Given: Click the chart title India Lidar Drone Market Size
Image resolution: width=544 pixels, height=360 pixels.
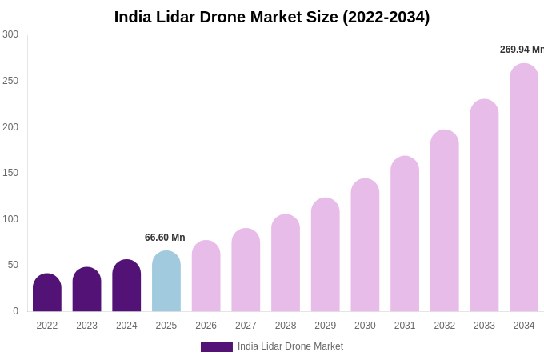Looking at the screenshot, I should pyautogui.click(x=272, y=17).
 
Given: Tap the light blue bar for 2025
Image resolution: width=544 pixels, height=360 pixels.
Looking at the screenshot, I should pyautogui.click(x=166, y=282).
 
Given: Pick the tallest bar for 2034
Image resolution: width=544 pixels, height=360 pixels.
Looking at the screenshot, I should pyautogui.click(x=524, y=188).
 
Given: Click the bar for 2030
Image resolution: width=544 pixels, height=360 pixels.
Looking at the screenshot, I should pyautogui.click(x=365, y=246).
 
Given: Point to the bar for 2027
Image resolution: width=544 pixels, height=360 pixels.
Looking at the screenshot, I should pyautogui.click(x=246, y=270).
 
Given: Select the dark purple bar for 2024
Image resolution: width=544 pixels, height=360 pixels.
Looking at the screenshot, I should pyautogui.click(x=126, y=286).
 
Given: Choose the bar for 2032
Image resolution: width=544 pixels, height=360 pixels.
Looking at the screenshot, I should pyautogui.click(x=444, y=221).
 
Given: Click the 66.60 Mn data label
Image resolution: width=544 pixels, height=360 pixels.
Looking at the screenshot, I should pyautogui.click(x=165, y=238).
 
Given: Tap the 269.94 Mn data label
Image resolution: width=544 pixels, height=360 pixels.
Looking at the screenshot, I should pyautogui.click(x=522, y=50).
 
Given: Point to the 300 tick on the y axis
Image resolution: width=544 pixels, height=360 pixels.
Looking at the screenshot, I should pyautogui.click(x=10, y=34).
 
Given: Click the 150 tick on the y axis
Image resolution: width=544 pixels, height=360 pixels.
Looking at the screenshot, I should pyautogui.click(x=10, y=173).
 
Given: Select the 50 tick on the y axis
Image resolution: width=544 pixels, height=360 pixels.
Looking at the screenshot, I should pyautogui.click(x=13, y=265).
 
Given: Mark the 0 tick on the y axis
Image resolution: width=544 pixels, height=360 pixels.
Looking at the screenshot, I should pyautogui.click(x=15, y=311).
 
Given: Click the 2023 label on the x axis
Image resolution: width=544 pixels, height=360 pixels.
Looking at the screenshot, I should pyautogui.click(x=86, y=326).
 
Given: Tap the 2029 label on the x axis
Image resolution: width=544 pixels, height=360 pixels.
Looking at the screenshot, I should pyautogui.click(x=325, y=326).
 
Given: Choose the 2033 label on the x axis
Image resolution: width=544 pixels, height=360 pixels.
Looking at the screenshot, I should pyautogui.click(x=484, y=326).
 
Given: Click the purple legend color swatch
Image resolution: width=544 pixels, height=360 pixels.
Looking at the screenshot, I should pyautogui.click(x=216, y=347).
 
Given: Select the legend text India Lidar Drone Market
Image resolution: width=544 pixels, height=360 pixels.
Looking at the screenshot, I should pyautogui.click(x=290, y=346).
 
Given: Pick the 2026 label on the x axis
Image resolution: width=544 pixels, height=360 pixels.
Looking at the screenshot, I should pyautogui.click(x=206, y=326).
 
